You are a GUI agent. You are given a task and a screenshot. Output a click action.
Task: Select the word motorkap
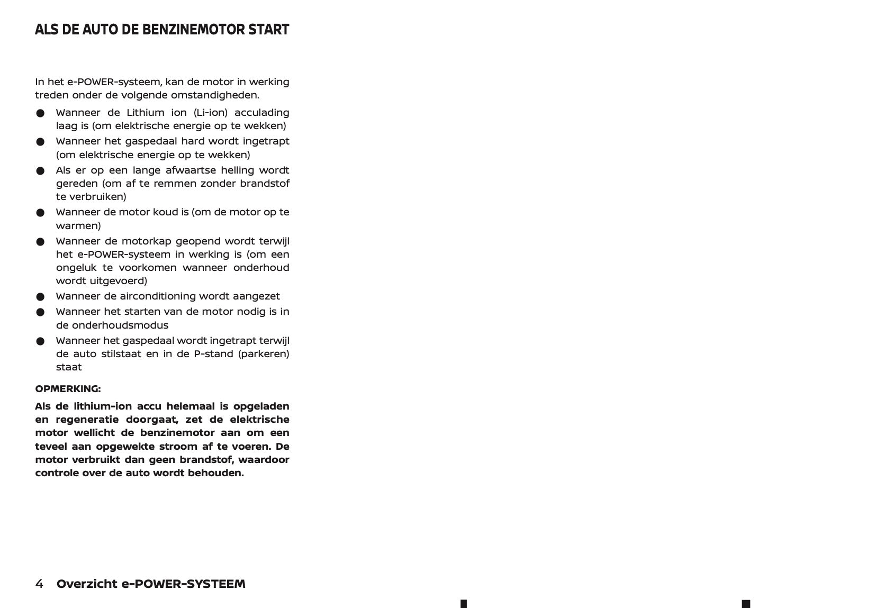click(147, 241)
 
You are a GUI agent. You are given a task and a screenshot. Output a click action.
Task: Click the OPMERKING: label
click(68, 389)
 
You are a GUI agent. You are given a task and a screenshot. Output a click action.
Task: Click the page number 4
click(39, 584)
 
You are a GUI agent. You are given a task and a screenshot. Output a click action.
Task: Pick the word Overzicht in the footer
click(87, 584)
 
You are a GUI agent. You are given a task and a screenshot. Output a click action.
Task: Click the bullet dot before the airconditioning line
click(40, 297)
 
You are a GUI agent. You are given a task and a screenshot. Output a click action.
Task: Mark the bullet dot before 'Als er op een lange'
click(40, 171)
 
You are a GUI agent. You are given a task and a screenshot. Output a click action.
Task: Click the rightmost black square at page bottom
click(746, 604)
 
